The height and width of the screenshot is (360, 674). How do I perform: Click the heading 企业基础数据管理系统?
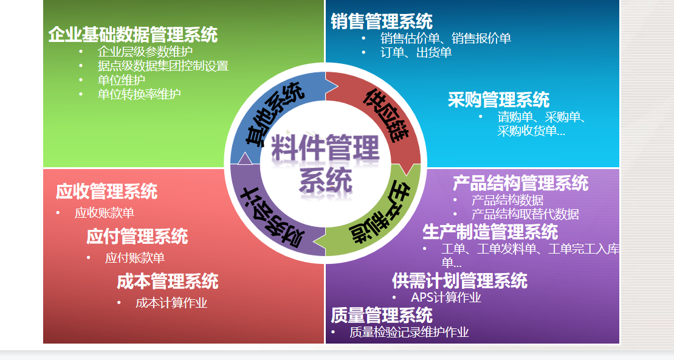[132, 34]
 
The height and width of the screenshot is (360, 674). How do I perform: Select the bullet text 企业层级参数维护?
[145, 52]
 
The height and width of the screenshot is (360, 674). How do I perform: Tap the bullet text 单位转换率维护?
[139, 94]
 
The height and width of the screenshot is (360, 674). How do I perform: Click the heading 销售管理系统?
[382, 22]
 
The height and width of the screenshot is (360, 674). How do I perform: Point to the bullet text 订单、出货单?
[416, 53]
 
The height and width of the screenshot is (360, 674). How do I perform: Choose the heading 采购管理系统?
[498, 100]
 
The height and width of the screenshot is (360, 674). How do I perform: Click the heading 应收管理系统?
[106, 192]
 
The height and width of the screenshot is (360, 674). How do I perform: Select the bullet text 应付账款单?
[134, 258]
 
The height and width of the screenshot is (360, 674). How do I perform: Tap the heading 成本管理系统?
[167, 282]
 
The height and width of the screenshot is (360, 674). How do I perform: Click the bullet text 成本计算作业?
[171, 303]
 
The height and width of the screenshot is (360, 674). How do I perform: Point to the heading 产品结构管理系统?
[520, 183]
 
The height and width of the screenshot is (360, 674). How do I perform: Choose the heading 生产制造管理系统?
[490, 232]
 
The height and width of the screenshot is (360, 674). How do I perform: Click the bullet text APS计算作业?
[445, 297]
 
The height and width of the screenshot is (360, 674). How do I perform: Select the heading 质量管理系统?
[382, 315]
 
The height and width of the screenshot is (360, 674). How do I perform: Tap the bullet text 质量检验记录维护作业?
[409, 333]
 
